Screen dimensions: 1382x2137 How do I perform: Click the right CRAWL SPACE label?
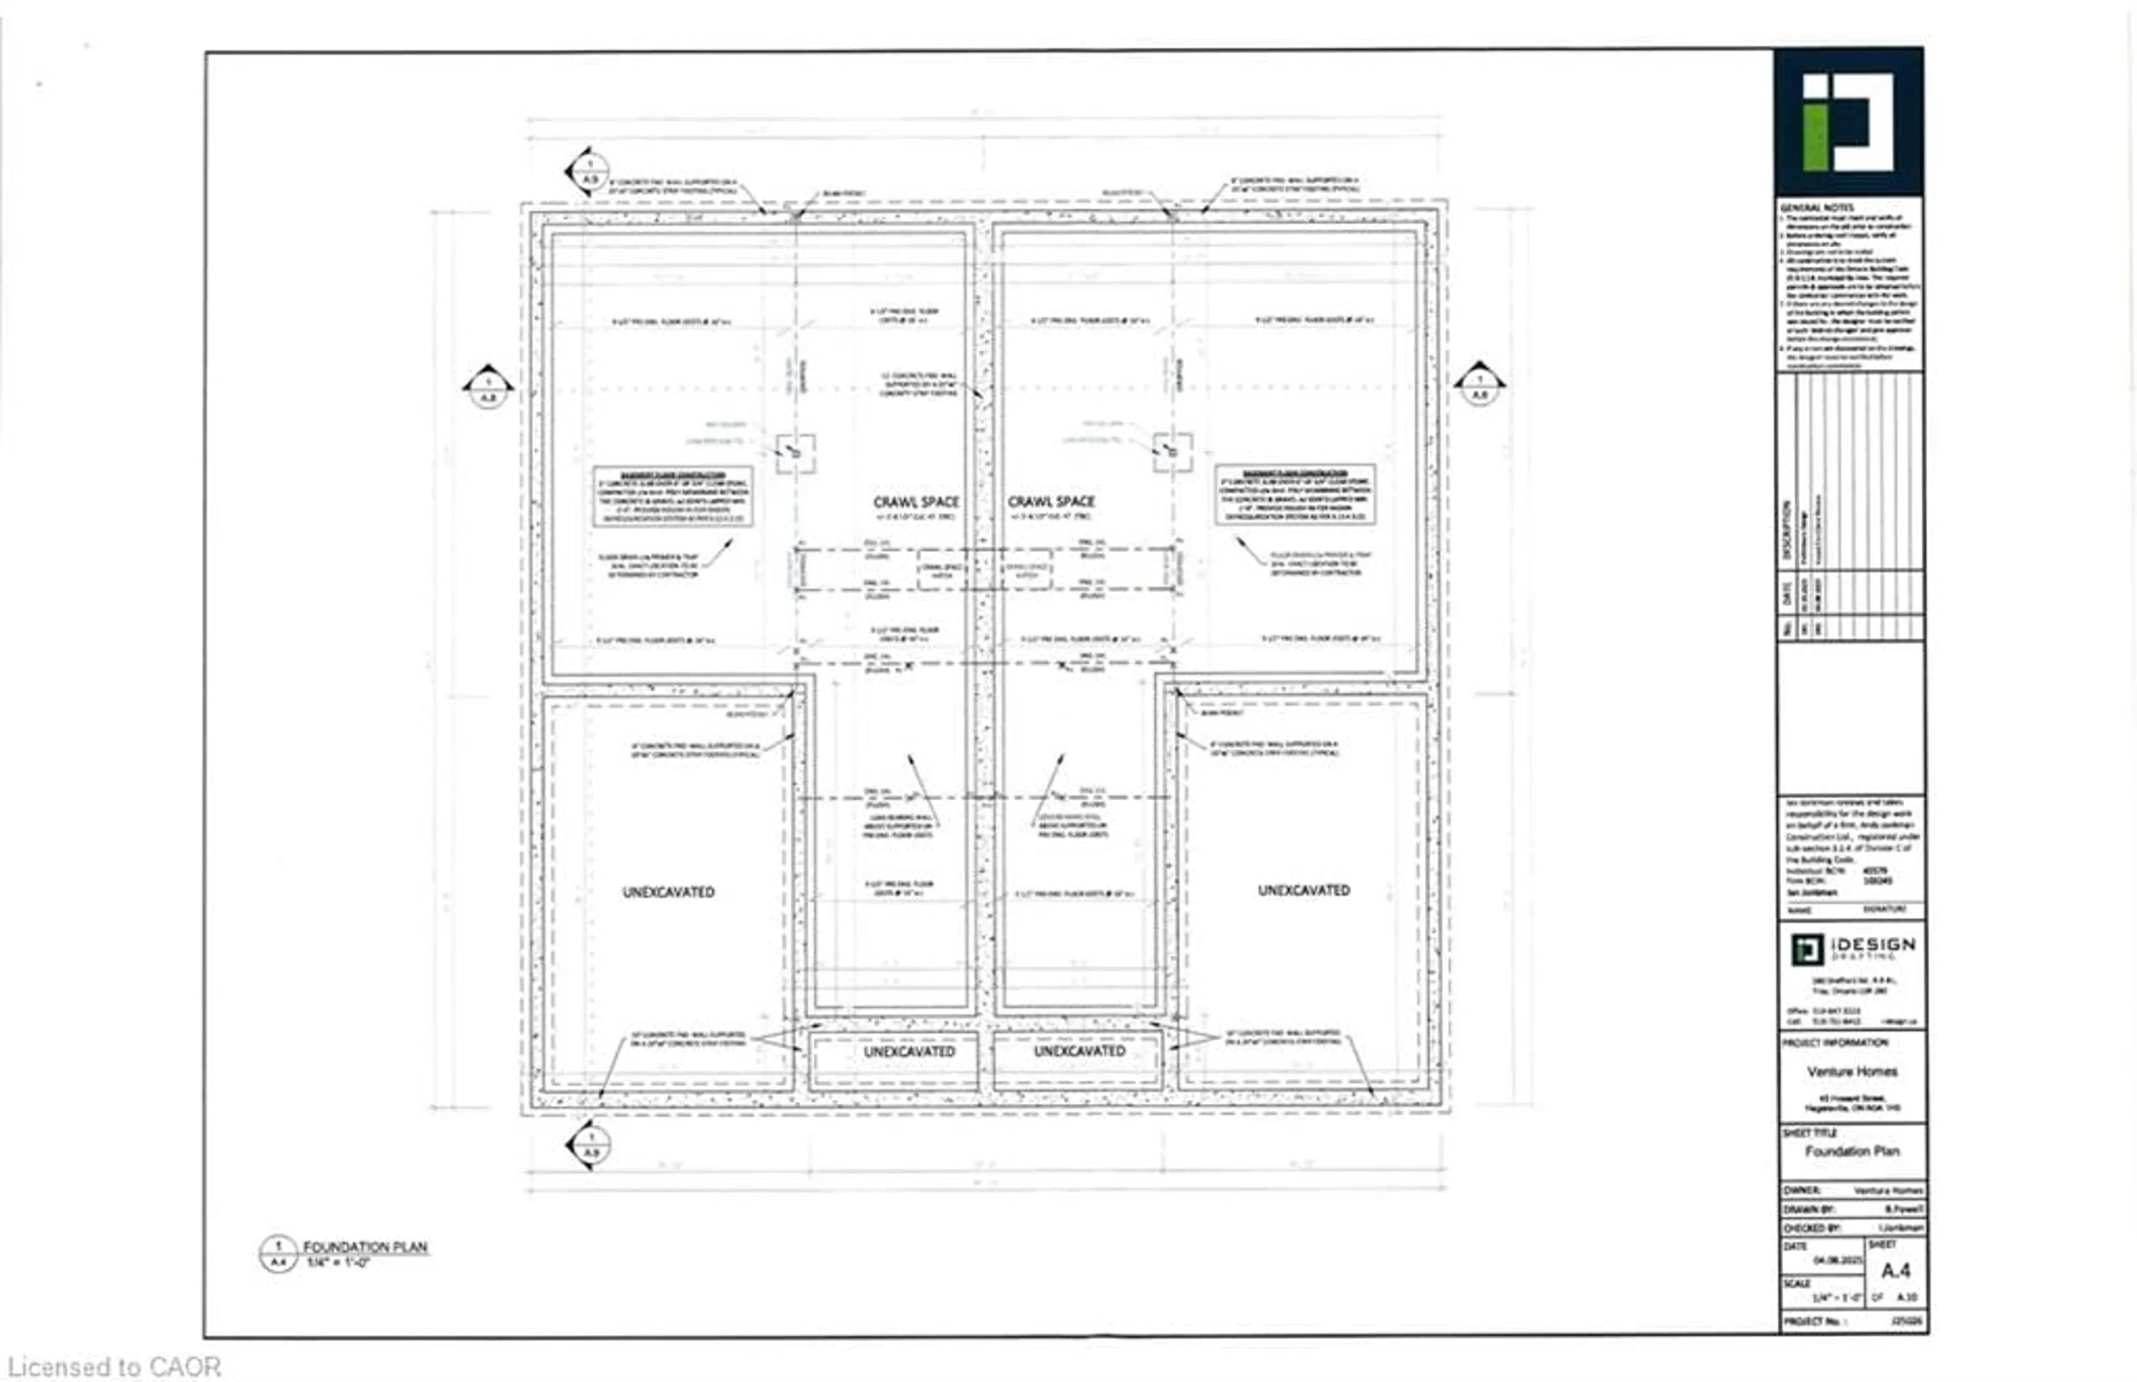[1051, 501]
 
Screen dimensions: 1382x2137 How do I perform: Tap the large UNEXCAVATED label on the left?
[668, 892]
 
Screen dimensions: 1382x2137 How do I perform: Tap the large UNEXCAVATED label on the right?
[1303, 890]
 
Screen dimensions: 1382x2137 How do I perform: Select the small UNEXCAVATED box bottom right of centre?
[1079, 1051]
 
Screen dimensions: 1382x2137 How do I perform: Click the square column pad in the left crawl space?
[796, 453]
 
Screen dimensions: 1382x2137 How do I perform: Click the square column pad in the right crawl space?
[1173, 453]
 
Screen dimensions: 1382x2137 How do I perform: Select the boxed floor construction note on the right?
[1294, 494]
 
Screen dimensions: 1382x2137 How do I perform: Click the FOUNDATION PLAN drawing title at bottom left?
[365, 1247]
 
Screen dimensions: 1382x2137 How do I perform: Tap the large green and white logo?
[1848, 122]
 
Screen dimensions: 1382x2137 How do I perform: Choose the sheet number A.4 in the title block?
[1895, 1271]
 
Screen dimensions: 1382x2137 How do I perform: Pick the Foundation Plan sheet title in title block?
[1852, 1152]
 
